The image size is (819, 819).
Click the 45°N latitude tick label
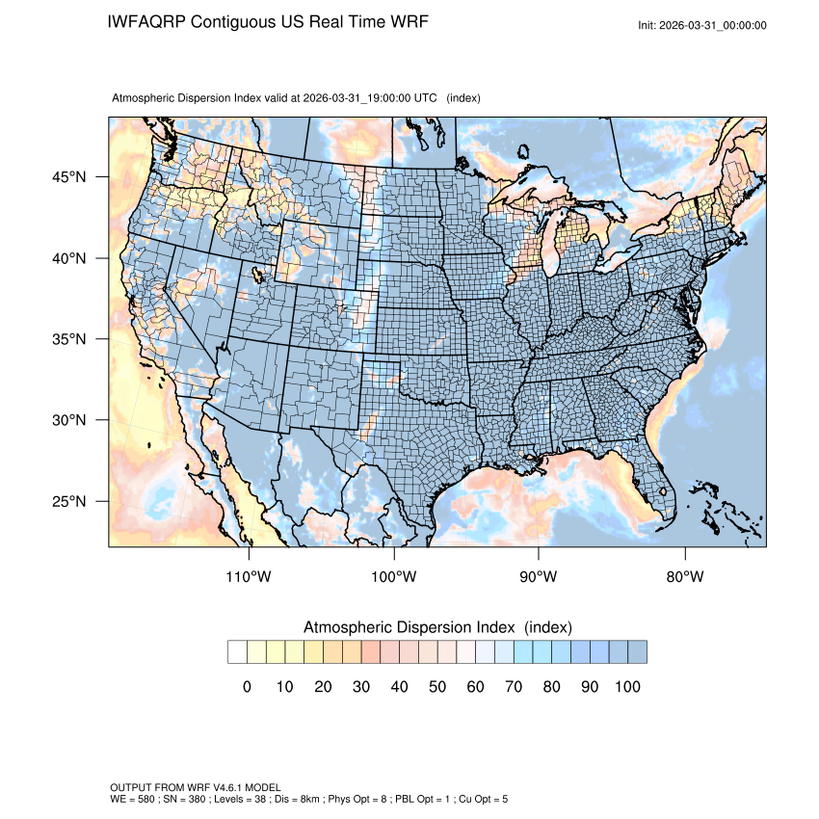point(69,177)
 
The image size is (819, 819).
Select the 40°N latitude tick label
point(69,258)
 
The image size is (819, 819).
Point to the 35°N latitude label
point(69,339)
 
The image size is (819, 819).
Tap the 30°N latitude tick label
point(69,420)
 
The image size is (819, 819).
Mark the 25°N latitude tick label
point(69,501)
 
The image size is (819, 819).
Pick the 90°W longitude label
point(539,577)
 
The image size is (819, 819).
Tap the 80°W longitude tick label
point(684,577)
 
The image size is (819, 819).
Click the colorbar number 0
point(247,687)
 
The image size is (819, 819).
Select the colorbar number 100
point(626,687)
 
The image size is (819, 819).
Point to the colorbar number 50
point(436,687)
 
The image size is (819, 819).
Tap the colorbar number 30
point(360,687)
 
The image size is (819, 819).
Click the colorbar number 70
point(513,687)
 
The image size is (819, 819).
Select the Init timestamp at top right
point(702,25)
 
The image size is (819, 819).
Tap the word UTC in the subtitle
point(425,98)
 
